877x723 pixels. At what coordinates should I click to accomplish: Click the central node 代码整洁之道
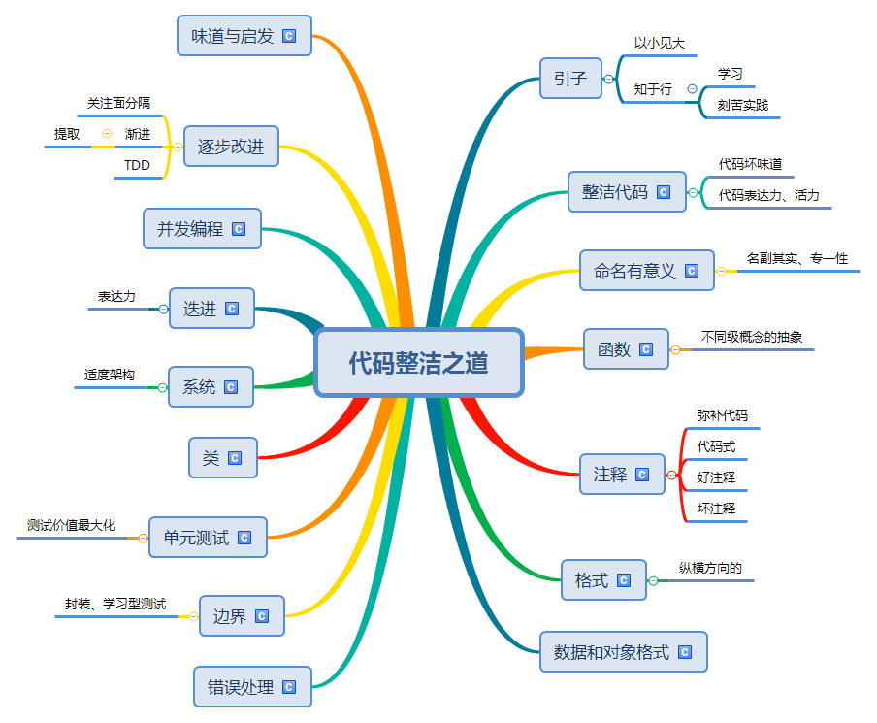[x=419, y=363]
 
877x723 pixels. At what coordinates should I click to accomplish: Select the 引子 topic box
[x=570, y=79]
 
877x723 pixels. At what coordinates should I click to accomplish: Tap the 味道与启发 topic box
[x=244, y=36]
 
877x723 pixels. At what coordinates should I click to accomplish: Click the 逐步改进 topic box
[x=231, y=148]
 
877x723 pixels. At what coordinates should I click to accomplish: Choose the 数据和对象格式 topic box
[x=623, y=652]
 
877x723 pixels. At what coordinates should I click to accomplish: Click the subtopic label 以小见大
[x=660, y=44]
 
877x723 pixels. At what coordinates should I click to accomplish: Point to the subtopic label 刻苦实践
[x=743, y=105]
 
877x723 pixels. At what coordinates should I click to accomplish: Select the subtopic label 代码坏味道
[x=750, y=164]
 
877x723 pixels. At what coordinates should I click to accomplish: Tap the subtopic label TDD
[x=137, y=166]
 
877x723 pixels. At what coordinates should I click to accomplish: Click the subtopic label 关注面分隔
[x=118, y=102]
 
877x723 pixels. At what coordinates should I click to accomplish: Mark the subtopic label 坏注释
[x=716, y=509]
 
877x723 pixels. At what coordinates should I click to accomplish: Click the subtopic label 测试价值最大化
[x=72, y=526]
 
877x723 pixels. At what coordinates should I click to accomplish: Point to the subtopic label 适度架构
[x=109, y=375]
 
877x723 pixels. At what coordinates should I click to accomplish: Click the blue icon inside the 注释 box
[x=642, y=475]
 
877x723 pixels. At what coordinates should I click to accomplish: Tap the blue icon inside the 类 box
[x=235, y=458]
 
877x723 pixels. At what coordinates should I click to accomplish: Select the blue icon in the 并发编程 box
[x=239, y=230]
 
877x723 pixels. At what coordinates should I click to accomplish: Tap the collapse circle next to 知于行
[x=692, y=89]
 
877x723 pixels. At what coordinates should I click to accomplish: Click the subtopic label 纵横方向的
[x=710, y=569]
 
